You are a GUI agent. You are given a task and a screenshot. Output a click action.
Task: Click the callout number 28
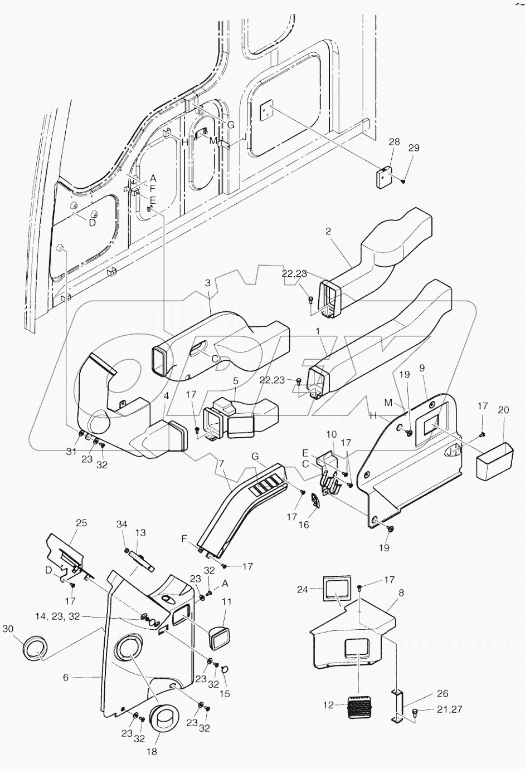(x=394, y=143)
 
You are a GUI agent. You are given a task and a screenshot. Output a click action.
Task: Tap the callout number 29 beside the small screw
(x=414, y=148)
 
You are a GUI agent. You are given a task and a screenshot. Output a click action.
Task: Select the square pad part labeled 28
(x=383, y=177)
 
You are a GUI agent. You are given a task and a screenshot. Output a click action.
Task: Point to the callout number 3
(x=208, y=283)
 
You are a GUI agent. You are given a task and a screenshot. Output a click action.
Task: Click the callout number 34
(x=122, y=524)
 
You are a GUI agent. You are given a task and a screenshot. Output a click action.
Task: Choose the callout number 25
(x=82, y=523)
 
